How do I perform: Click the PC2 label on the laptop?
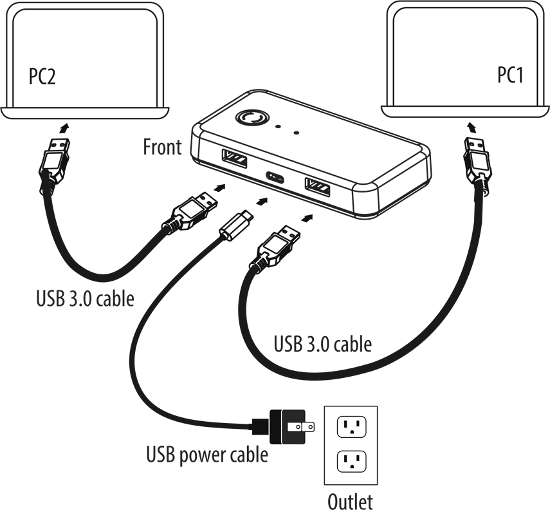click(x=42, y=77)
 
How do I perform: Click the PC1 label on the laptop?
click(x=510, y=75)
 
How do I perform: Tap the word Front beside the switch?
click(x=162, y=147)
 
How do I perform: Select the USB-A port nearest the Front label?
click(x=233, y=156)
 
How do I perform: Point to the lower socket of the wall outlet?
click(x=351, y=461)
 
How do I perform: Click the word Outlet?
click(x=350, y=500)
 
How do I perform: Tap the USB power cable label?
click(x=206, y=455)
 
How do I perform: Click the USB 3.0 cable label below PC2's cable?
click(x=85, y=299)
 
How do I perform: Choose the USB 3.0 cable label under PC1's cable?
click(x=322, y=344)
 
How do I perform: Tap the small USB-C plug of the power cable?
click(x=236, y=222)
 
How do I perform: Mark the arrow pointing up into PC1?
click(x=471, y=124)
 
